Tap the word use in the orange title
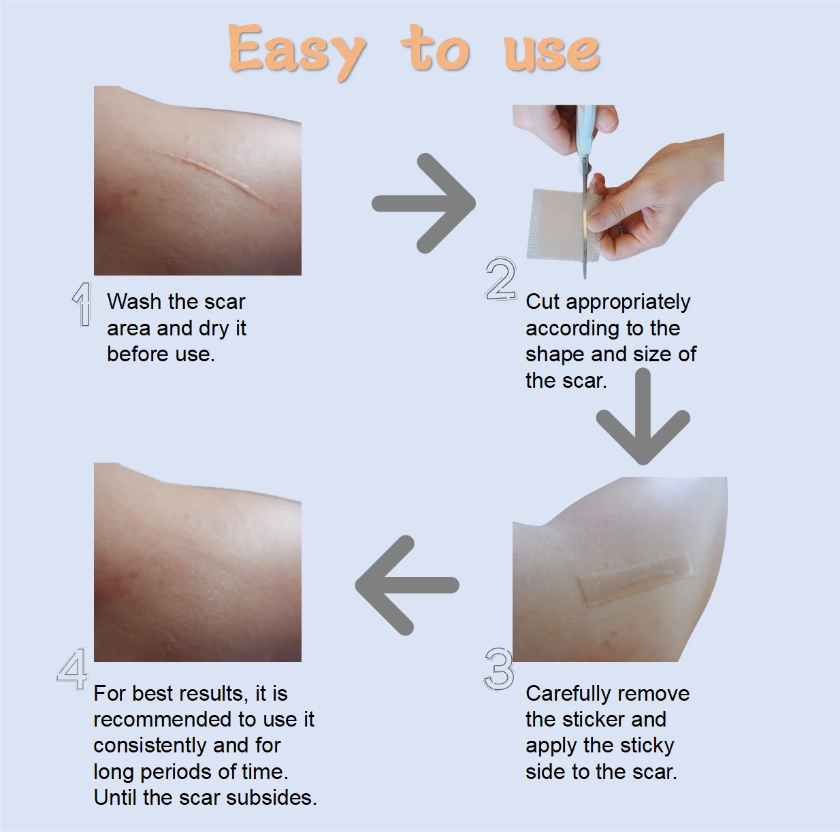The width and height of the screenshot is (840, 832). [552, 53]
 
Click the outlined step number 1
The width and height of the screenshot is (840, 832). [82, 304]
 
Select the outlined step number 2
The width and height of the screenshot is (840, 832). [501, 279]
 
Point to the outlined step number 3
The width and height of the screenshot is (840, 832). [500, 669]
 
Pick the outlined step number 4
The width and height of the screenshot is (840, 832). [72, 669]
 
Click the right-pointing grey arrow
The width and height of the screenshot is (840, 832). [423, 203]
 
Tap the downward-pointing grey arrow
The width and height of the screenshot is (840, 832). [643, 416]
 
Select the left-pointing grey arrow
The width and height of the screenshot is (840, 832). [406, 585]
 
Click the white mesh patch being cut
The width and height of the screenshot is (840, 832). [562, 224]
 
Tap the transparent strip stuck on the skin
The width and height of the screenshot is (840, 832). [634, 580]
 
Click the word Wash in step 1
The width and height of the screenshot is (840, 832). [133, 301]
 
